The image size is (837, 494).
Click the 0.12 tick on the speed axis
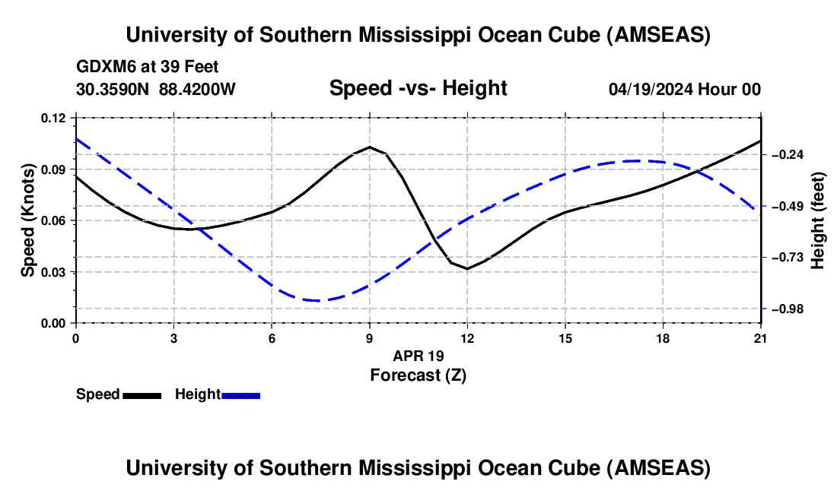(55, 118)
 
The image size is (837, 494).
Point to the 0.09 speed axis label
(55, 169)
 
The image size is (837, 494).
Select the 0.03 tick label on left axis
(55, 272)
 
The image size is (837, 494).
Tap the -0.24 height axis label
(788, 154)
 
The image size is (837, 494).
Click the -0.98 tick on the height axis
(788, 309)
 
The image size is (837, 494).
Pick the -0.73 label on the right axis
(788, 258)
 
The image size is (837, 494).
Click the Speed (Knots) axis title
(28, 220)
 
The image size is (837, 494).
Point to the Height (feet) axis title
(819, 220)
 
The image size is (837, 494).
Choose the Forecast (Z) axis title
(418, 375)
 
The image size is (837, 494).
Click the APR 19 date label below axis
(418, 356)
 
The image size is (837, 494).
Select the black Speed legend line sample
(142, 394)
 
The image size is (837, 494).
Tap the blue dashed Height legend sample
(240, 394)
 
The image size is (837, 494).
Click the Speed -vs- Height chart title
(418, 88)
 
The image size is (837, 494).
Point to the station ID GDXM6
(103, 67)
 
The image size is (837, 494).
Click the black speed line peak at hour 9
(370, 147)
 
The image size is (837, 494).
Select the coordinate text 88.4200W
(197, 89)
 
